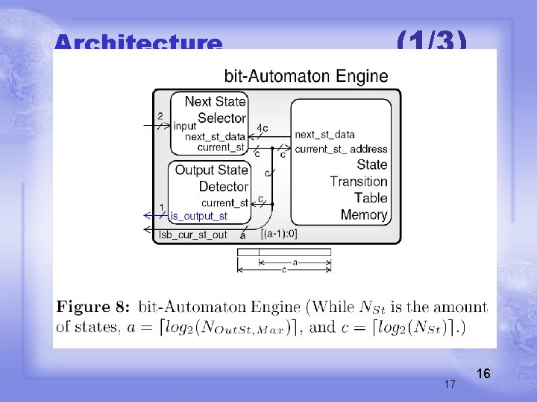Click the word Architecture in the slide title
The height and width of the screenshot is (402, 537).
[138, 43]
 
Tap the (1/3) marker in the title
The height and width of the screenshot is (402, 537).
[432, 41]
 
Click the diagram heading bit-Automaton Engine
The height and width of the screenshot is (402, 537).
[306, 76]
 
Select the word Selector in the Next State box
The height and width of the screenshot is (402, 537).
[222, 118]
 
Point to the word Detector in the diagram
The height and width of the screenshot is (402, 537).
[223, 186]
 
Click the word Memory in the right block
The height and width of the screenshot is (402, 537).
[364, 214]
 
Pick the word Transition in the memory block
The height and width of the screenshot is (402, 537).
[359, 181]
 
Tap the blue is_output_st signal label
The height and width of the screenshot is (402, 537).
[199, 216]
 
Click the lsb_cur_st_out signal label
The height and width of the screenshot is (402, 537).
[194, 234]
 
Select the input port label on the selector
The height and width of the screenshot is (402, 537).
[185, 126]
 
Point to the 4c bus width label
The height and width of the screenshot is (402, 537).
[263, 128]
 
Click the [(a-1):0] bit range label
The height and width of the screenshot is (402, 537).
[280, 234]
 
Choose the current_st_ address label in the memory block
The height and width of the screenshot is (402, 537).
[341, 149]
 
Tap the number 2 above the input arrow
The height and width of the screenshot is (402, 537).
[160, 116]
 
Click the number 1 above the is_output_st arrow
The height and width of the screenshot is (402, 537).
[162, 207]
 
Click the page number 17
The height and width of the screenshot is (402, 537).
[450, 384]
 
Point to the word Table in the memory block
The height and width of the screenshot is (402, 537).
[371, 197]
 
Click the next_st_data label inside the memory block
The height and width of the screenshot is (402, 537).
[324, 134]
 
